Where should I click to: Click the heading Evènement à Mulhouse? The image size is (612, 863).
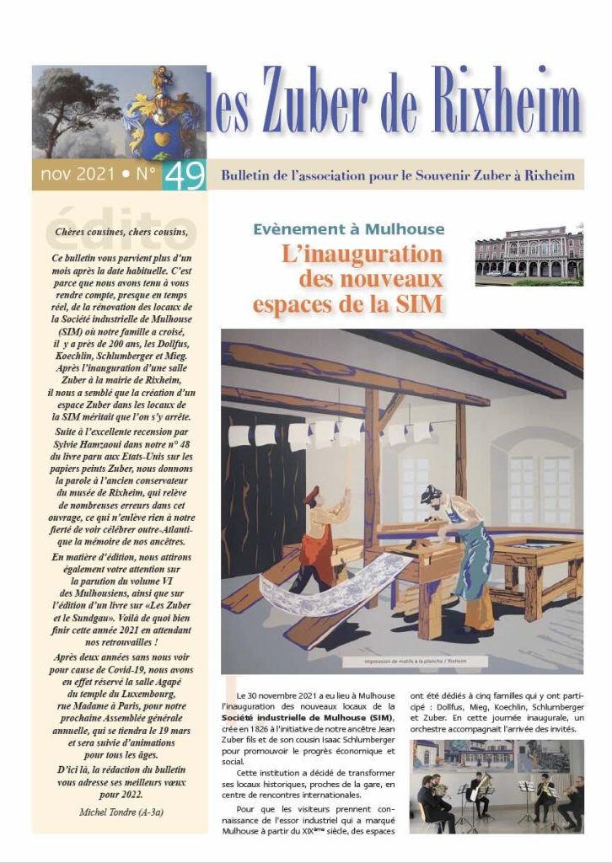348,228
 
